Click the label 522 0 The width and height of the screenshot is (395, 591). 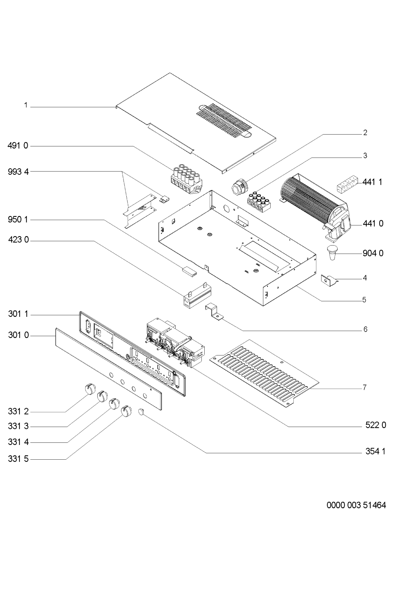(x=373, y=426)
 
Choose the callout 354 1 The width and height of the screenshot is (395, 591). (x=373, y=451)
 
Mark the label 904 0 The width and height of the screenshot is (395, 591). (x=373, y=253)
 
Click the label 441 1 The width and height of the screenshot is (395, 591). (x=373, y=182)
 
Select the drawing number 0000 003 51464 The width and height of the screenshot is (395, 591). (x=356, y=506)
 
